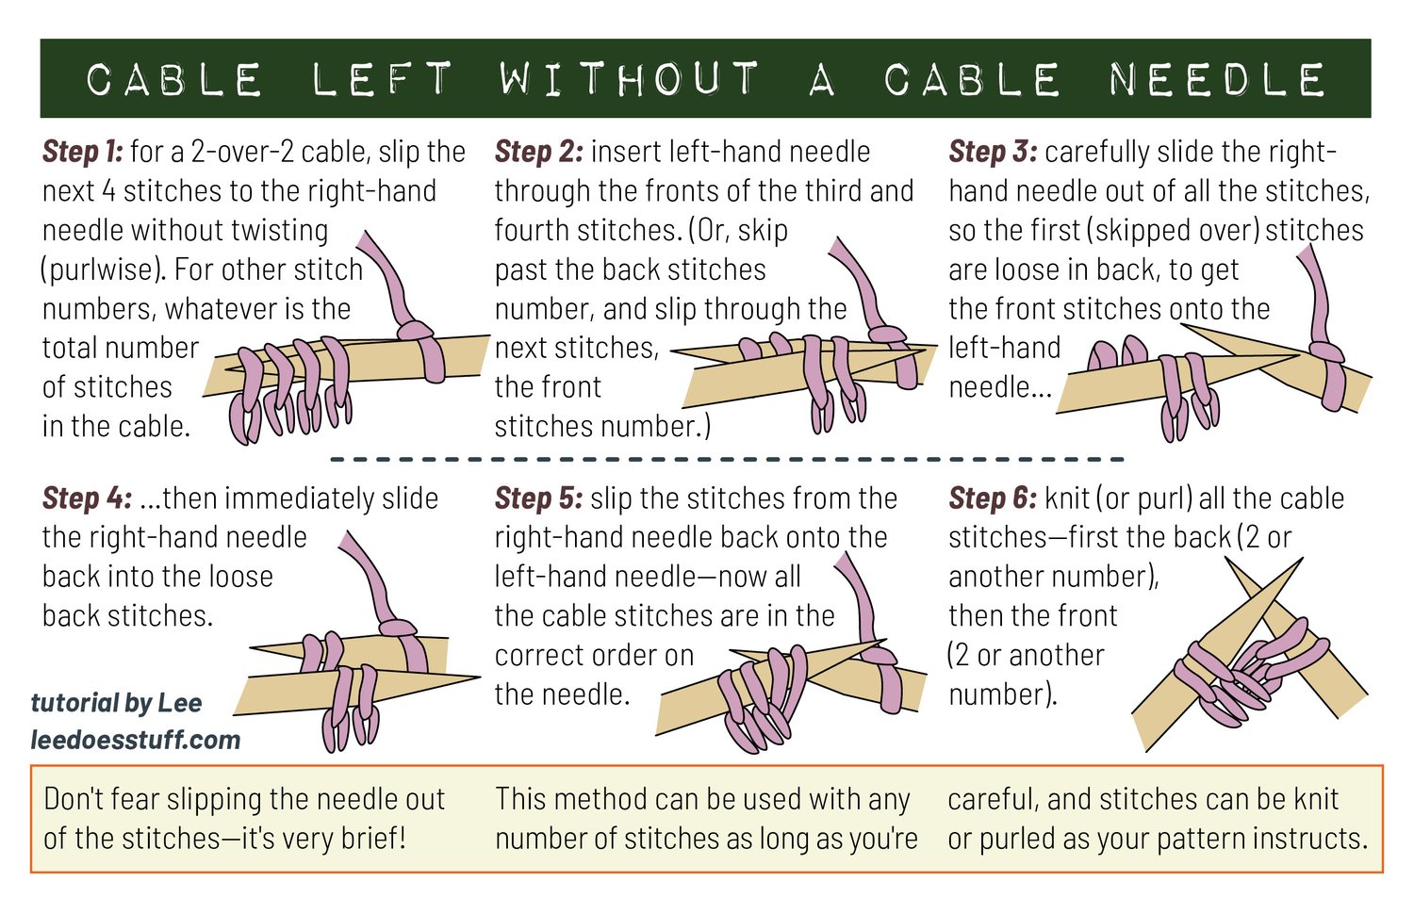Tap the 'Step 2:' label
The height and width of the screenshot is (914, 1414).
point(538,152)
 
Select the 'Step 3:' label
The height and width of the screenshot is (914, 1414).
point(993,152)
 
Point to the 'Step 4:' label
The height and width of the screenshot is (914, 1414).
point(87,498)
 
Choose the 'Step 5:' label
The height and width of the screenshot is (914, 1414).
point(538,498)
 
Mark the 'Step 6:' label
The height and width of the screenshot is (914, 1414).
point(993,498)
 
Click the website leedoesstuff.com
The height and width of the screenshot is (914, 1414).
point(136,740)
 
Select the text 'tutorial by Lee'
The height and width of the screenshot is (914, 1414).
point(116,703)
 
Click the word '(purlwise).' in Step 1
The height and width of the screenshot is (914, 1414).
point(103,270)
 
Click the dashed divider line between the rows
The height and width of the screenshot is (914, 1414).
point(727,459)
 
